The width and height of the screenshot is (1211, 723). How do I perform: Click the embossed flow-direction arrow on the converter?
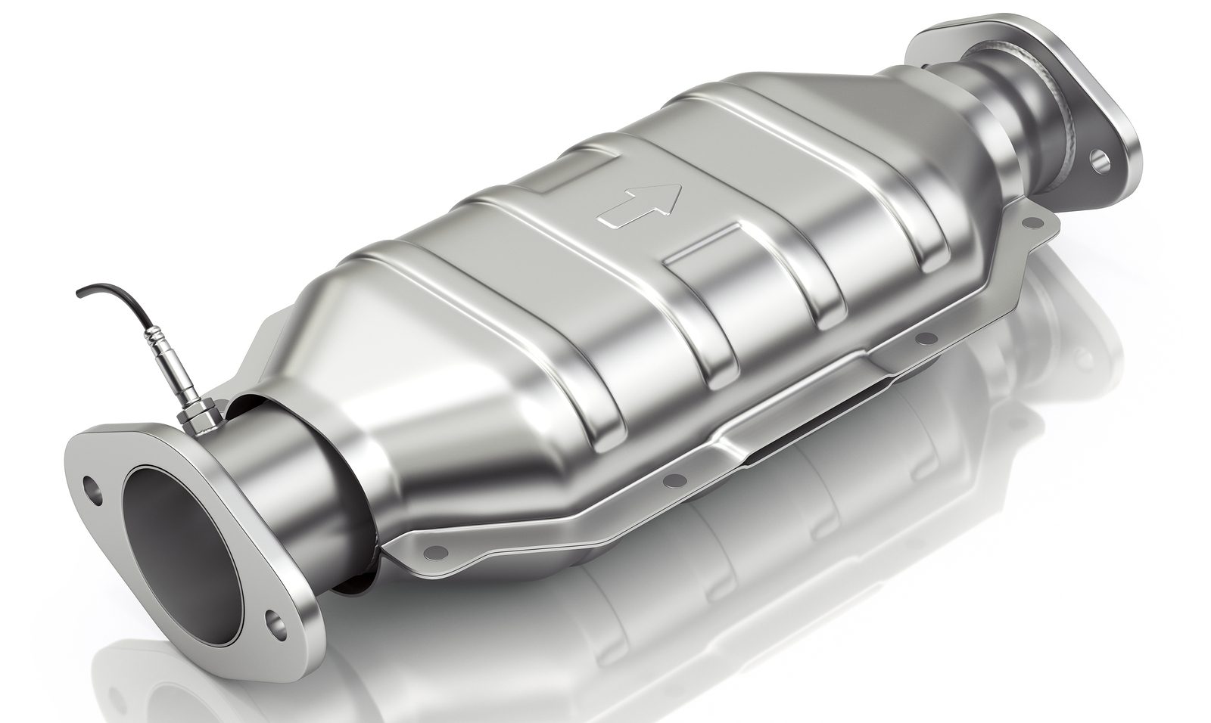640,205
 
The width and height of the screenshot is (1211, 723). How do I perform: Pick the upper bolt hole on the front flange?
92,486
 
